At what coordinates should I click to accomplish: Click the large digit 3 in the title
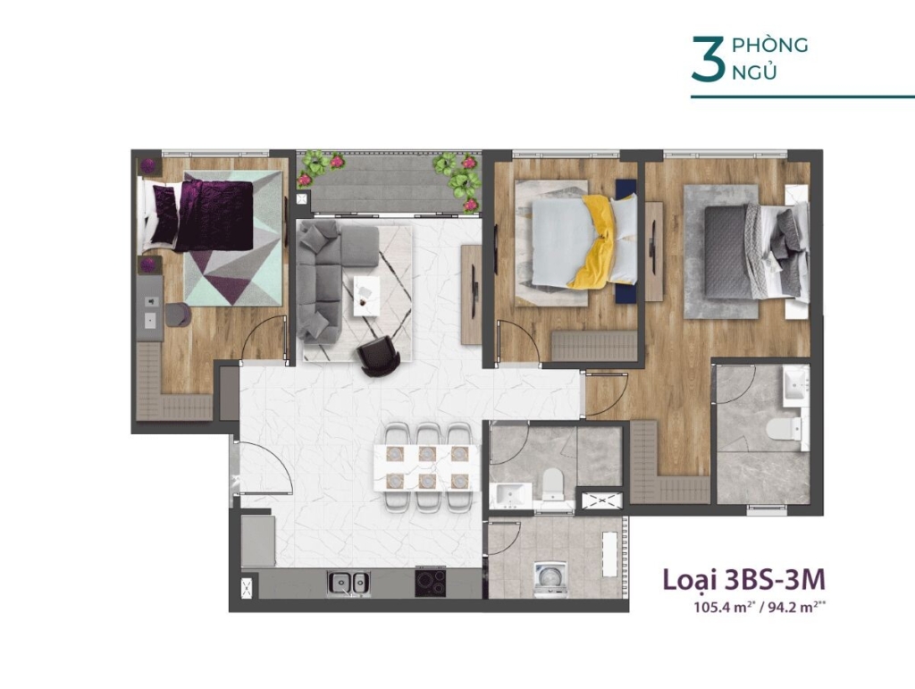(x=708, y=58)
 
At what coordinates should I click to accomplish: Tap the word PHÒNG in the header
(x=769, y=45)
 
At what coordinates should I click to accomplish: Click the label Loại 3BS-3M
(x=744, y=579)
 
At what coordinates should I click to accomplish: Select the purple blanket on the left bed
(x=214, y=215)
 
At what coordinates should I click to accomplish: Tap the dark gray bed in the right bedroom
(x=748, y=251)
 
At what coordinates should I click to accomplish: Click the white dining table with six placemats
(x=426, y=467)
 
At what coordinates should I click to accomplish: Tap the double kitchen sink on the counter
(x=348, y=583)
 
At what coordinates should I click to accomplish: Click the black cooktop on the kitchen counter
(x=431, y=583)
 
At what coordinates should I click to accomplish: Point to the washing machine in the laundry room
(x=550, y=579)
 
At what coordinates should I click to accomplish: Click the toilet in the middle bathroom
(x=551, y=484)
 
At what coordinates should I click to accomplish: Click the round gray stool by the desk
(x=178, y=315)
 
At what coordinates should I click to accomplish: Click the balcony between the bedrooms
(x=389, y=182)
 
